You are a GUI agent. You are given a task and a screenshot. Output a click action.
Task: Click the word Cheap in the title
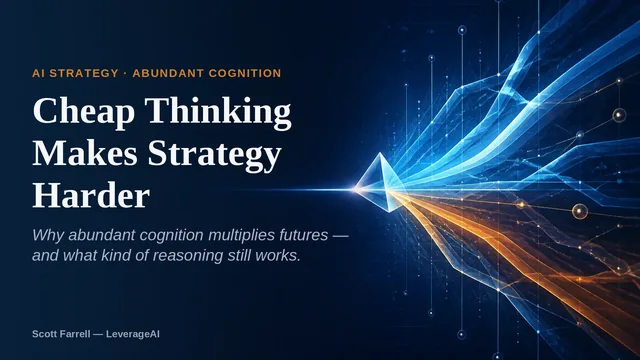point(84,111)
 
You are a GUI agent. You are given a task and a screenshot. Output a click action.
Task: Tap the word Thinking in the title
point(218,111)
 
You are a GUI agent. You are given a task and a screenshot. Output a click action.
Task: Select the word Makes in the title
point(85,153)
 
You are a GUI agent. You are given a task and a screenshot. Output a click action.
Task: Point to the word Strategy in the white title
point(214,156)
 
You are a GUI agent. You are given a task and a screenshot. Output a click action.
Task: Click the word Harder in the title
point(91,196)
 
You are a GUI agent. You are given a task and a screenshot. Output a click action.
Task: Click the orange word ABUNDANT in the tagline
point(168,73)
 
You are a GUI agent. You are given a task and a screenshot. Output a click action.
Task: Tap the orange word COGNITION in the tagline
point(245,73)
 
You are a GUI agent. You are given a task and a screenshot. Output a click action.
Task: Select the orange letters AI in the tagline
point(38,73)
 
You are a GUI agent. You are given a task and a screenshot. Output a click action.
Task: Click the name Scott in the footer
point(43,334)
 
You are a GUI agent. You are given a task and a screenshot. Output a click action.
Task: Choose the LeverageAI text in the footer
point(133,334)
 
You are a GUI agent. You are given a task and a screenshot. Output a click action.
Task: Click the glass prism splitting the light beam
point(379,183)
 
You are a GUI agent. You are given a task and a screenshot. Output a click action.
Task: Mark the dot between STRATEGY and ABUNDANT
point(125,73)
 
